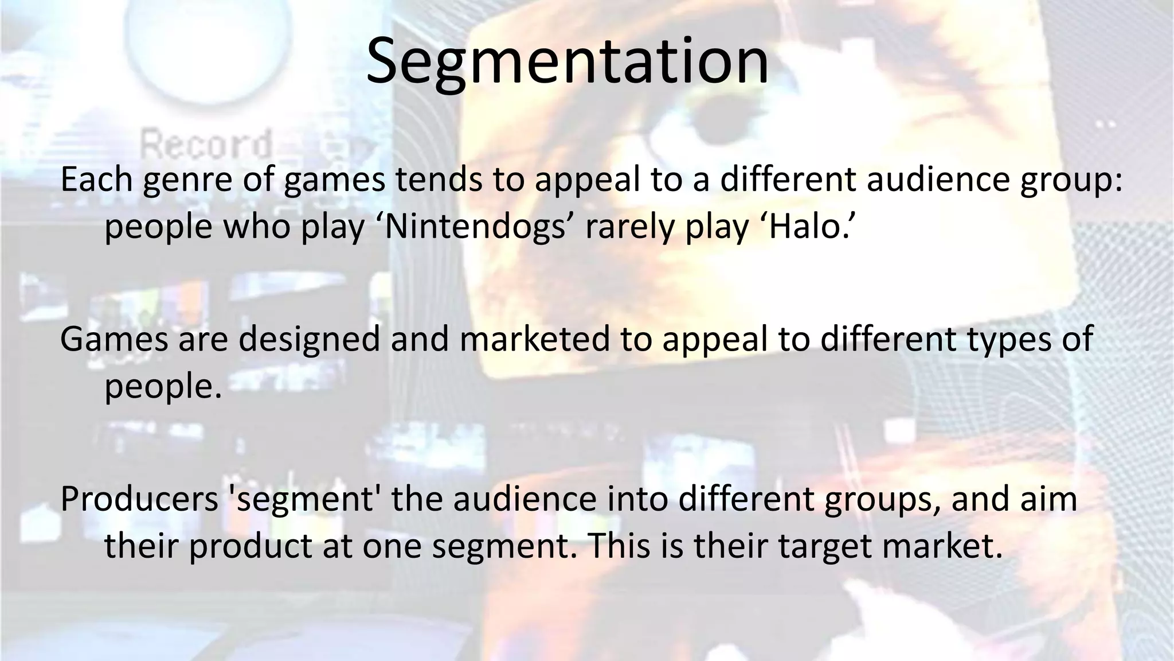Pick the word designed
pyautogui.click(x=310, y=340)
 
